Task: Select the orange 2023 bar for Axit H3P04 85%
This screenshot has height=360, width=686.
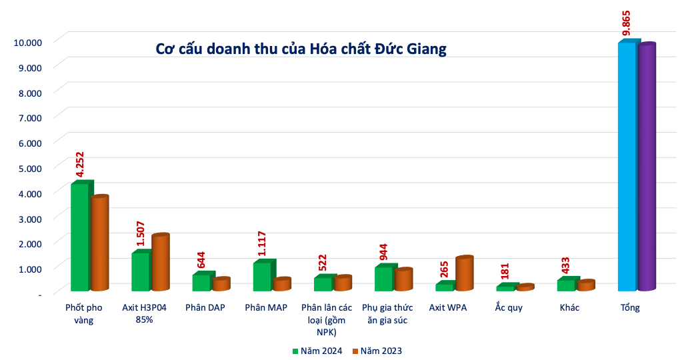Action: [x=159, y=263]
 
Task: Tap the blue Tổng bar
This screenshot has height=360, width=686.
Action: [x=627, y=167]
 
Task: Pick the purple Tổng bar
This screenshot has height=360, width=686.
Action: [x=647, y=167]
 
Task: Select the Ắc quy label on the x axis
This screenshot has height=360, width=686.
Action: [x=509, y=308]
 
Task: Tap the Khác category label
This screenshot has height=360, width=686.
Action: [x=569, y=308]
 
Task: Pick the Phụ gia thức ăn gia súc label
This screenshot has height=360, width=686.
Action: [x=387, y=314]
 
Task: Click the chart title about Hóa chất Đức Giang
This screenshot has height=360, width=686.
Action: [x=301, y=49]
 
